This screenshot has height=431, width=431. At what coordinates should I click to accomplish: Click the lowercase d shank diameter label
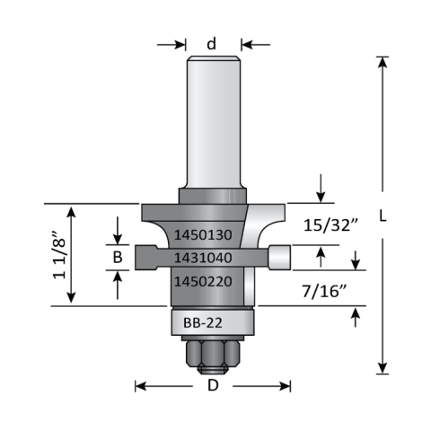(x=212, y=43)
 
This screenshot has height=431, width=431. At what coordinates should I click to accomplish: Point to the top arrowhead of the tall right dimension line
(x=382, y=61)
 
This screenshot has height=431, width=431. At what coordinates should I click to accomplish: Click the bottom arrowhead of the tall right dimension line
(x=382, y=369)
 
